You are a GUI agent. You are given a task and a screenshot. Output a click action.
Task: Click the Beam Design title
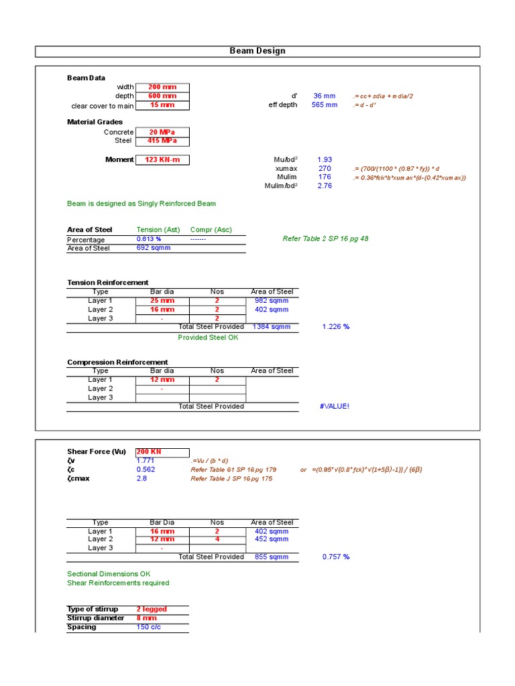tap(257, 51)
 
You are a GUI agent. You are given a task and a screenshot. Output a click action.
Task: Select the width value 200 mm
tap(162, 87)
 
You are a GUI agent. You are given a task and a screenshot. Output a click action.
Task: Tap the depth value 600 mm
tap(162, 96)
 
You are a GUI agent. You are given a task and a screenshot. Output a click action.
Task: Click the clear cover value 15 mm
tap(162, 105)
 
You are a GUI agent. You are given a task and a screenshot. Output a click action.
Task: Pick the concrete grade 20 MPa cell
tap(162, 132)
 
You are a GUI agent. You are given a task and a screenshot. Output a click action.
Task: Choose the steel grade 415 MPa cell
tap(162, 141)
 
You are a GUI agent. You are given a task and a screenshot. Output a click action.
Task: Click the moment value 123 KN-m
tap(162, 159)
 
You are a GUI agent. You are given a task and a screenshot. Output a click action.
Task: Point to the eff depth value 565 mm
tap(325, 105)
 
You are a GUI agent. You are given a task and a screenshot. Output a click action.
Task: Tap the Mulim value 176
tap(325, 177)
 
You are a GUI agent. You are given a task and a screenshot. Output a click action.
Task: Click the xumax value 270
tap(325, 168)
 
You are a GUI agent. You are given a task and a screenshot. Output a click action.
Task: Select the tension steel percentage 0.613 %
tap(149, 239)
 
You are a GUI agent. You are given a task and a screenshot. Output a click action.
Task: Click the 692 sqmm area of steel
tap(154, 248)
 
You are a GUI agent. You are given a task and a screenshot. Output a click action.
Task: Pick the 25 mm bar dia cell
tap(162, 301)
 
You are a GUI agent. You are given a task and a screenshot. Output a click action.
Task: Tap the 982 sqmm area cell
tap(272, 301)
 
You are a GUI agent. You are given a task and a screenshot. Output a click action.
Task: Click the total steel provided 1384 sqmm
tap(272, 327)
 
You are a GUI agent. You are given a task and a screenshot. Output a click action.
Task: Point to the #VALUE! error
tap(335, 406)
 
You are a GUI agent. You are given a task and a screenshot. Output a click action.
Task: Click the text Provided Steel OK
tap(208, 338)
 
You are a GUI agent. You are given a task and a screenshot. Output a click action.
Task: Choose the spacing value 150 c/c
tap(149, 627)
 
